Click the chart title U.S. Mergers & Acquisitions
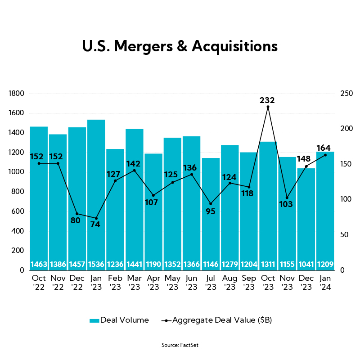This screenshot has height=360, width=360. tap(180, 46)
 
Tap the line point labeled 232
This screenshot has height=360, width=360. tap(268, 107)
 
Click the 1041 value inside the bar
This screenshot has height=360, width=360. tap(306, 264)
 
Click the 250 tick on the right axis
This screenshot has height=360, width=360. tap(345, 94)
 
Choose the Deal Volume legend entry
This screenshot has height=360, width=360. tap(119, 320)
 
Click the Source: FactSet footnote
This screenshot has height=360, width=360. tap(180, 345)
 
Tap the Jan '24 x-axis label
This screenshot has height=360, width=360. tap(325, 282)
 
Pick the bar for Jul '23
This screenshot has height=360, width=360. tap(211, 211)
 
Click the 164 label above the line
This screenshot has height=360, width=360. tap(324, 148)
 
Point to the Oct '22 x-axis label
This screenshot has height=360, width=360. tap(39, 282)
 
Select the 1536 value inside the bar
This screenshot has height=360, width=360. tap(96, 264)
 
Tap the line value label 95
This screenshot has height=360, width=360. tap(211, 211)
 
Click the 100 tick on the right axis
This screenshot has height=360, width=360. tap(345, 199)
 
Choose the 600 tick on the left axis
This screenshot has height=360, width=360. tap(18, 211)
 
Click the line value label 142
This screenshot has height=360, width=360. tap(134, 163)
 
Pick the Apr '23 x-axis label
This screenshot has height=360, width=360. tap(153, 282)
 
